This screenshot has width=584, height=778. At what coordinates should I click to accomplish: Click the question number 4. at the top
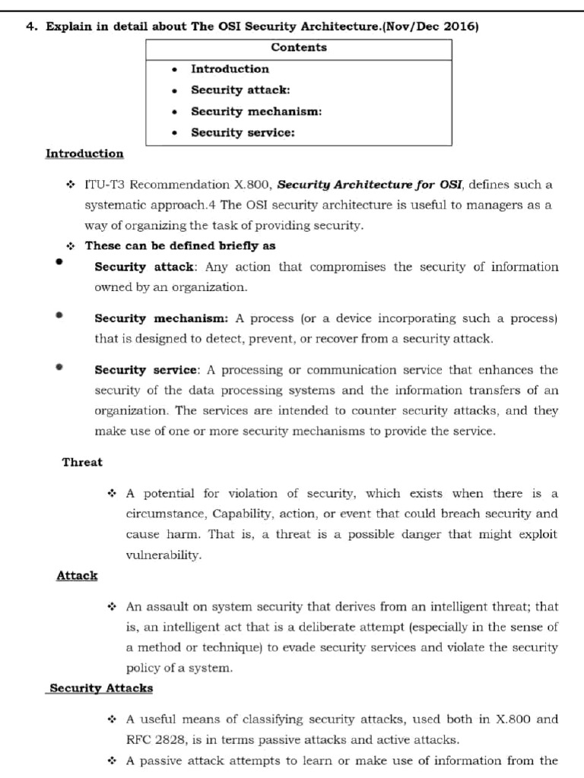click(31, 27)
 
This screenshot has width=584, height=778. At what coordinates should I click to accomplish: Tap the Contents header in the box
click(299, 48)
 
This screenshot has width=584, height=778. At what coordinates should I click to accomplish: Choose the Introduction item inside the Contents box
click(230, 69)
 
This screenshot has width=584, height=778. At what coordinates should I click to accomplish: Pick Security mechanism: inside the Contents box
click(256, 112)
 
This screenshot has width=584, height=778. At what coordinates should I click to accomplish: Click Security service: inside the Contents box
click(243, 133)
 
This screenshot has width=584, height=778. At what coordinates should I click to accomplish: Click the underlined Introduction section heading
click(84, 154)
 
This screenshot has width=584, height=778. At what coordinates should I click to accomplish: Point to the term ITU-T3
click(105, 185)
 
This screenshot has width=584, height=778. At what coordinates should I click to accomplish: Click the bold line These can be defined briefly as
click(180, 246)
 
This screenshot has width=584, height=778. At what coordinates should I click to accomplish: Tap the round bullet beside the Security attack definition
click(59, 262)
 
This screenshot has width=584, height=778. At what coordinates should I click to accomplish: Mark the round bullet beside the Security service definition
click(59, 367)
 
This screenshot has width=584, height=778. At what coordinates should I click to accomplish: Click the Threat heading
click(82, 462)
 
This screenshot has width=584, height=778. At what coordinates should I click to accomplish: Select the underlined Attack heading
click(77, 576)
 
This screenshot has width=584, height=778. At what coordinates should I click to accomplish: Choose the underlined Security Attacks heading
click(100, 688)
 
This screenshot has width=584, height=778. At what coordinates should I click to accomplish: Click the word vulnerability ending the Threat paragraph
click(163, 555)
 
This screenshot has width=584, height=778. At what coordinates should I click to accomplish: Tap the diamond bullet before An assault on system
click(112, 607)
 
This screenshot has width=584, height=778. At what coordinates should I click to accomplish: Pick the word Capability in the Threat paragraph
click(241, 514)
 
